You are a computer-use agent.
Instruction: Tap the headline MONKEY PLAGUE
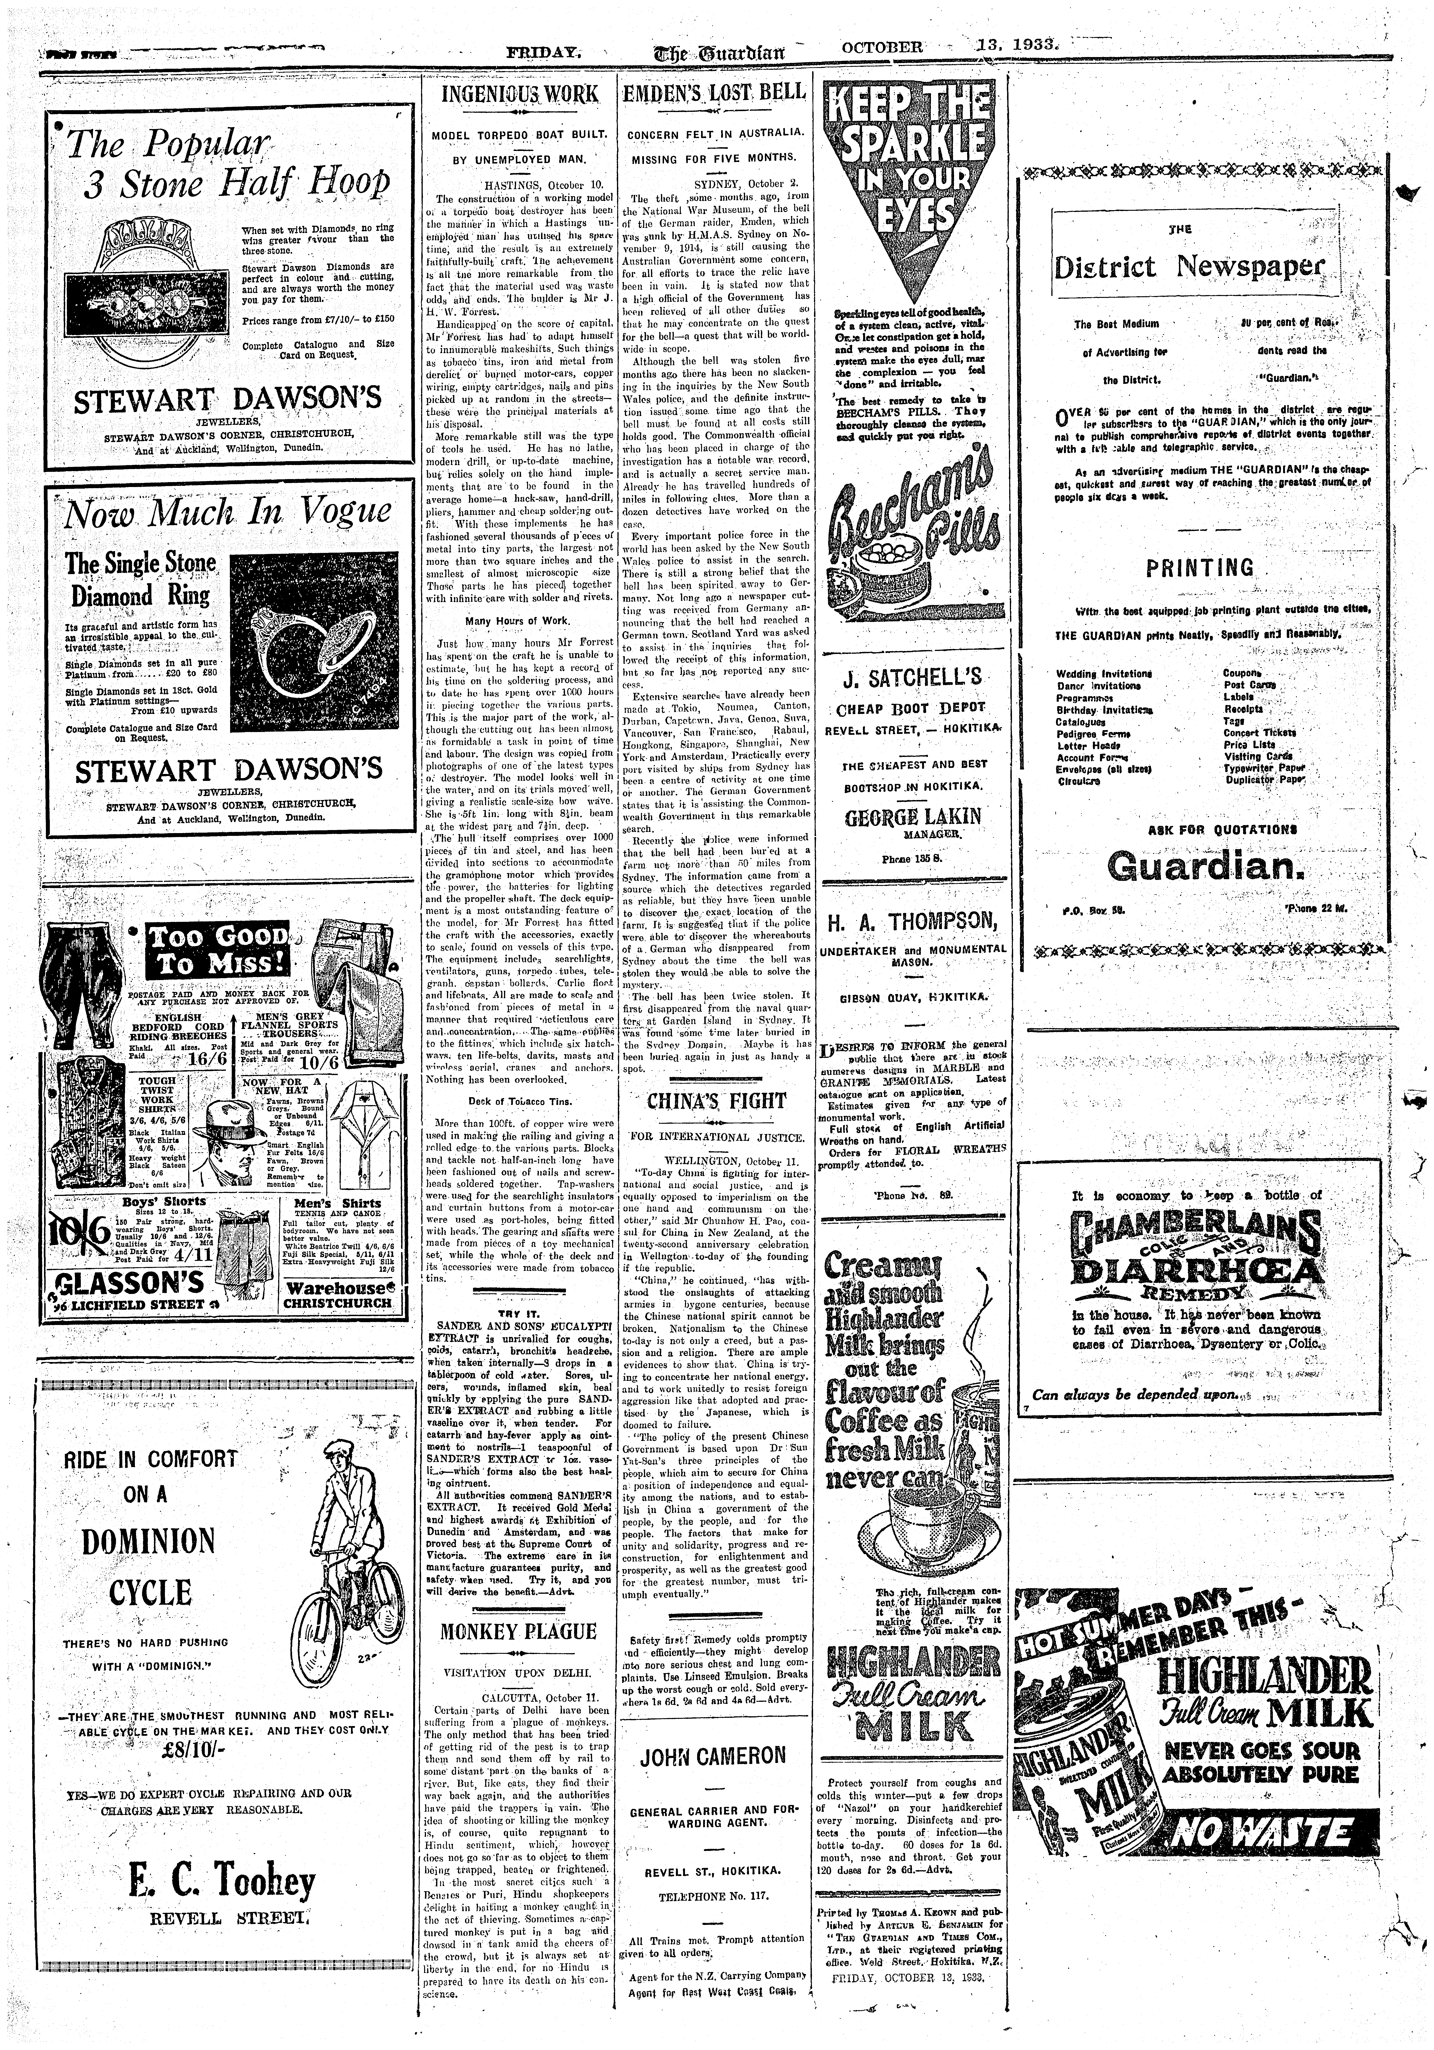pos(518,1632)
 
